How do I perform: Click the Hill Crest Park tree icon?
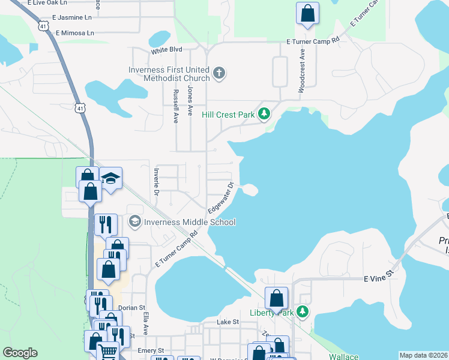(x=264, y=114)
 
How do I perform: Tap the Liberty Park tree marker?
(x=304, y=313)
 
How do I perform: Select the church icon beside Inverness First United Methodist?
(x=219, y=74)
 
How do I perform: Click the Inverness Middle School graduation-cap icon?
(x=134, y=222)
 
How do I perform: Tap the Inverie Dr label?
(x=155, y=181)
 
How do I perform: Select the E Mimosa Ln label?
(x=75, y=33)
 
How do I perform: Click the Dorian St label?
(x=128, y=308)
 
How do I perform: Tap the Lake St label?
(x=228, y=322)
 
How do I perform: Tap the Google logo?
(x=20, y=353)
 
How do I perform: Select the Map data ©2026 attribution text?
(x=423, y=355)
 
